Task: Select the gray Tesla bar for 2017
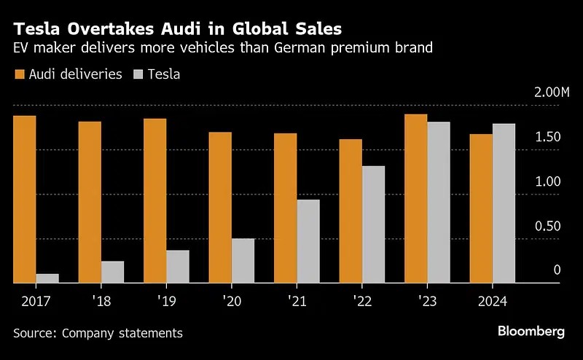pyautogui.click(x=47, y=278)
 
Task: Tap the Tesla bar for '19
pyautogui.click(x=178, y=266)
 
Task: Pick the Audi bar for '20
pyautogui.click(x=221, y=207)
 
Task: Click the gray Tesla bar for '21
pyautogui.click(x=308, y=240)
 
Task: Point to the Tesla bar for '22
pyautogui.click(x=373, y=224)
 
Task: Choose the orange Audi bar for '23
pyautogui.click(x=416, y=198)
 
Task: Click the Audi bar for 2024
pyautogui.click(x=481, y=208)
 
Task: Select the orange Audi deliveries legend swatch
pyautogui.click(x=19, y=74)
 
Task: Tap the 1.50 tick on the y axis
pyautogui.click(x=548, y=137)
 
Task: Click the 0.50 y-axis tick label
pyautogui.click(x=548, y=226)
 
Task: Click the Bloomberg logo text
pyautogui.click(x=531, y=332)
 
